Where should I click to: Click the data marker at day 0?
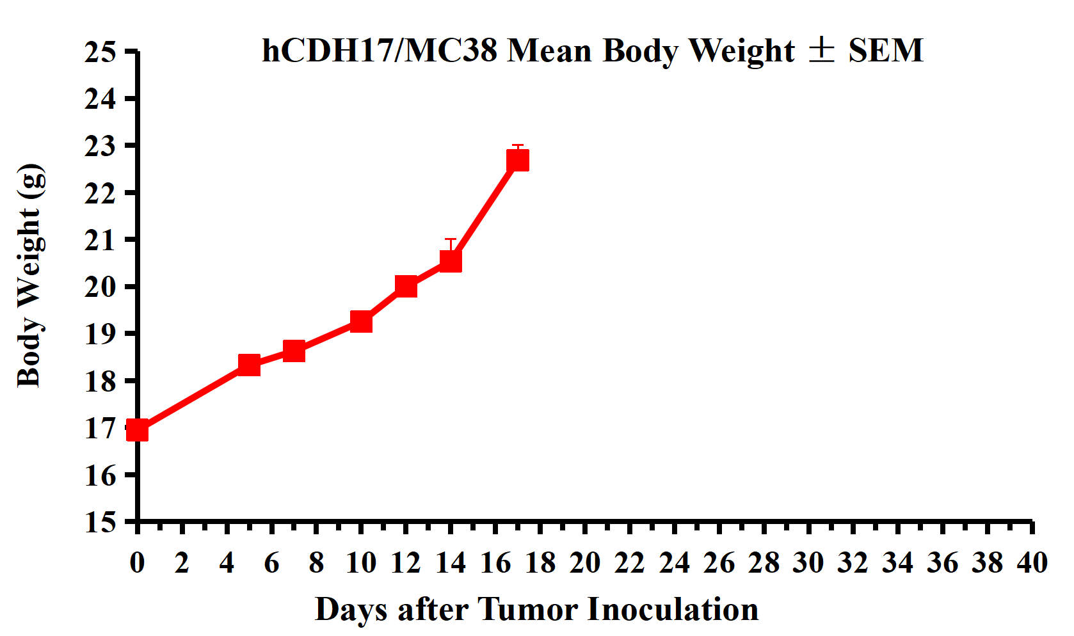pyautogui.click(x=138, y=431)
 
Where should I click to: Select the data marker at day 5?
pyautogui.click(x=249, y=365)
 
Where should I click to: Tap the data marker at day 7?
pyautogui.click(x=294, y=351)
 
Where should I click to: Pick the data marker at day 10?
pyautogui.click(x=361, y=321)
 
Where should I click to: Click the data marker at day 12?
pyautogui.click(x=406, y=286)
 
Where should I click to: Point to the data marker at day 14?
pyautogui.click(x=451, y=261)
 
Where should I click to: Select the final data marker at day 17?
pyautogui.click(x=518, y=160)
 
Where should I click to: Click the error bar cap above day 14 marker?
pyautogui.click(x=451, y=239)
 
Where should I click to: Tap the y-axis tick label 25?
pyautogui.click(x=100, y=52)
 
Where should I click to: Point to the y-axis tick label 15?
pyautogui.click(x=100, y=522)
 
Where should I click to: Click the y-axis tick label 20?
pyautogui.click(x=100, y=287)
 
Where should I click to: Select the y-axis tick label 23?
pyautogui.click(x=100, y=146)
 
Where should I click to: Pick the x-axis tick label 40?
pyautogui.click(x=1032, y=563)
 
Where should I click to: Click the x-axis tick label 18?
pyautogui.click(x=540, y=563)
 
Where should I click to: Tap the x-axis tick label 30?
pyautogui.click(x=808, y=563)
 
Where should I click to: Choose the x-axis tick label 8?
pyautogui.click(x=316, y=563)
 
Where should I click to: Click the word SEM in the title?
pyautogui.click(x=886, y=51)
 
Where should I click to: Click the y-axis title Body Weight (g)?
pyautogui.click(x=31, y=275)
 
